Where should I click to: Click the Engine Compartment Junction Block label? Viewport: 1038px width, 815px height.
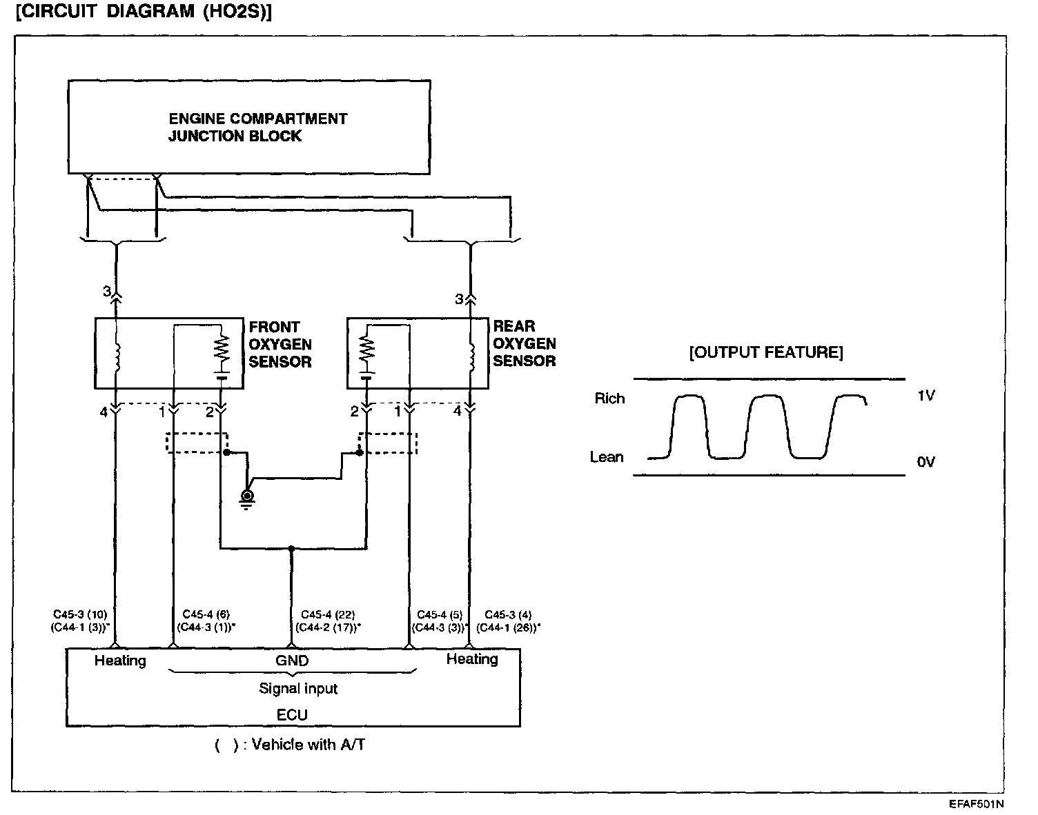coord(257,127)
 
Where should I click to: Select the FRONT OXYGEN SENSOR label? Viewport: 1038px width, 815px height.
coord(280,344)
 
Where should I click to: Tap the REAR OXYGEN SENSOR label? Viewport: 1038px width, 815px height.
coord(525,343)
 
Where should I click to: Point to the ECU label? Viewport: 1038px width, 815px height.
coord(292,715)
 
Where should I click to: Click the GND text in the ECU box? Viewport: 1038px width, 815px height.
coord(292,661)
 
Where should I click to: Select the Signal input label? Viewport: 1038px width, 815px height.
coord(298,688)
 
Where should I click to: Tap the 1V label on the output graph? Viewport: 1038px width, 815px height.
coord(926,396)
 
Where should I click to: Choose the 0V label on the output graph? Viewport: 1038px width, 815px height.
coord(926,462)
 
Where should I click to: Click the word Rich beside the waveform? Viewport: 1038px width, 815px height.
coord(609,399)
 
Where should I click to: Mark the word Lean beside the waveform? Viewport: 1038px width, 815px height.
coord(607,457)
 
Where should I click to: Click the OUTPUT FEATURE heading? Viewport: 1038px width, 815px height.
coord(766,353)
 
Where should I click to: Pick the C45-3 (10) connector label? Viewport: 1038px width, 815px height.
coord(80,614)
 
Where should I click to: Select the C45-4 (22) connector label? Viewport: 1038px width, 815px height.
coord(328,614)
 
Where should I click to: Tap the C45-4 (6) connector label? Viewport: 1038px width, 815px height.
coord(206,614)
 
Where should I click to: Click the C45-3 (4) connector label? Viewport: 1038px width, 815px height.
coord(508,614)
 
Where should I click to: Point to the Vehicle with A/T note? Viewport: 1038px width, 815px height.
coord(290,745)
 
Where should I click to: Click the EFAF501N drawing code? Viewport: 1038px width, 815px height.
coord(976,804)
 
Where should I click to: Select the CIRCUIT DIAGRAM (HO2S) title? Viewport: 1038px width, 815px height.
coord(143,13)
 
